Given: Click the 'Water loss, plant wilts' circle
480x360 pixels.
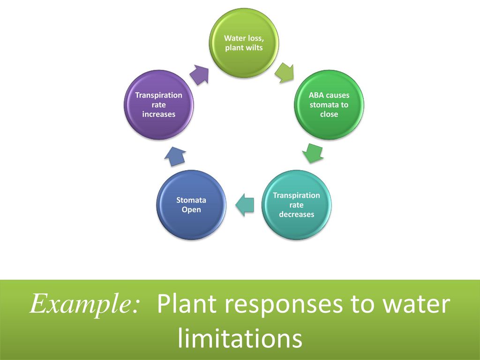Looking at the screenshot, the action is [x=244, y=43].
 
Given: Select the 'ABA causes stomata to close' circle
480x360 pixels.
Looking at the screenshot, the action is [x=329, y=105].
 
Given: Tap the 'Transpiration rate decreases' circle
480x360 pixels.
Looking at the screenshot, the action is [x=296, y=205].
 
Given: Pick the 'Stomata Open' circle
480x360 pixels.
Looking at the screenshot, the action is [x=191, y=205].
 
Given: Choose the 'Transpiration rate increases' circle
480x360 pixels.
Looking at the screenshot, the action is [x=158, y=105].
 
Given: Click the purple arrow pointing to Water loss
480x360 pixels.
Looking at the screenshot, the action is [x=199, y=75].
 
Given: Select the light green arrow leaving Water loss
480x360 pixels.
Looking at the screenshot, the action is [x=285, y=73].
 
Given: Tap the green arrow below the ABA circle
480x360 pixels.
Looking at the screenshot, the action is [x=313, y=153].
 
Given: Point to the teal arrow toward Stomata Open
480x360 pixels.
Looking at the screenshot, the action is [x=245, y=205].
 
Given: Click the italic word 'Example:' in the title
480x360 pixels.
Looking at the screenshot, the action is [x=85, y=304].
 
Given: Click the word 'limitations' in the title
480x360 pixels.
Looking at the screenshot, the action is [x=240, y=337].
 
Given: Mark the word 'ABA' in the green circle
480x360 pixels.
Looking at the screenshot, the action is [x=316, y=95].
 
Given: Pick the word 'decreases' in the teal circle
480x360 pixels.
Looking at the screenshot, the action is [x=296, y=214].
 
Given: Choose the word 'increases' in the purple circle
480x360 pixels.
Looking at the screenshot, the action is [x=158, y=114].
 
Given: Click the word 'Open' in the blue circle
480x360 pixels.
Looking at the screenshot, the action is [x=191, y=210].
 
